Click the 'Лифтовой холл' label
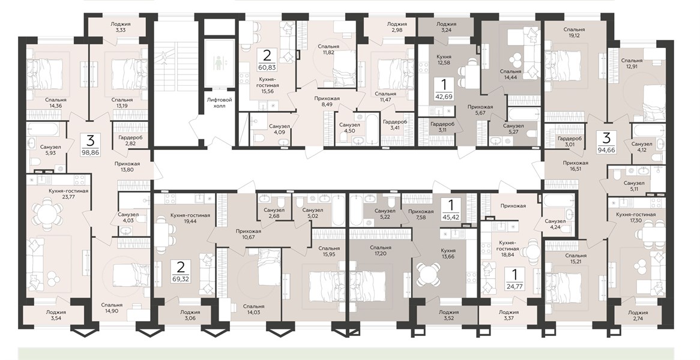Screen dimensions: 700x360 click(x=219, y=103)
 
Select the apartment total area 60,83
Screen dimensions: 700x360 click(x=267, y=68)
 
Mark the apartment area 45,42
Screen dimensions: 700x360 click(x=450, y=219)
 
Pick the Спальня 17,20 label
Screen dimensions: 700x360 click(x=381, y=251)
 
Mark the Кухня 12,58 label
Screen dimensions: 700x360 click(x=443, y=60)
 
